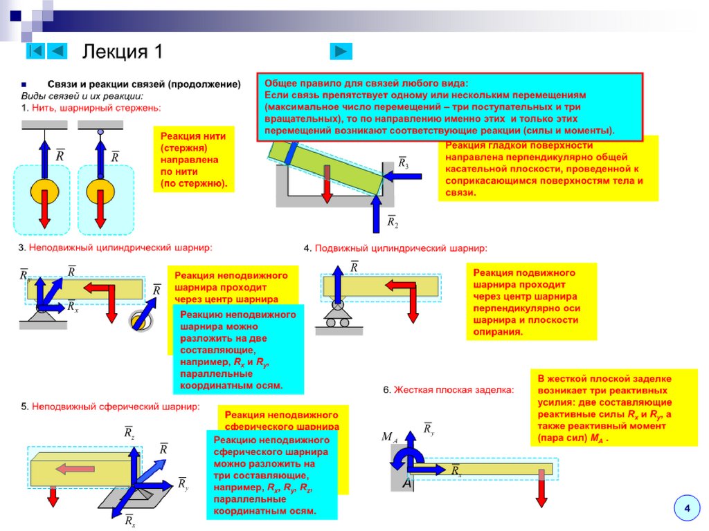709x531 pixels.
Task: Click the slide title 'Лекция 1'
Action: [123, 53]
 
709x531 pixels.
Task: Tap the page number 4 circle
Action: [687, 509]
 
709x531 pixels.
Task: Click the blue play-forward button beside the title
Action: [341, 51]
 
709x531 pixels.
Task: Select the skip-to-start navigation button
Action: [36, 51]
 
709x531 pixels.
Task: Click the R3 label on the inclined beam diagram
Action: [403, 164]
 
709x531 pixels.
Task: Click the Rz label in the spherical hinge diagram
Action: [129, 433]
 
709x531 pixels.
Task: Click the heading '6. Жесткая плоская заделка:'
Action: [449, 390]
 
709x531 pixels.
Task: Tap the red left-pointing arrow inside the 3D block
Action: [75, 469]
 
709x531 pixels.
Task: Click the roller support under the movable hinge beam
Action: [338, 319]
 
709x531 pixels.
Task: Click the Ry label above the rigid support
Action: [429, 429]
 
